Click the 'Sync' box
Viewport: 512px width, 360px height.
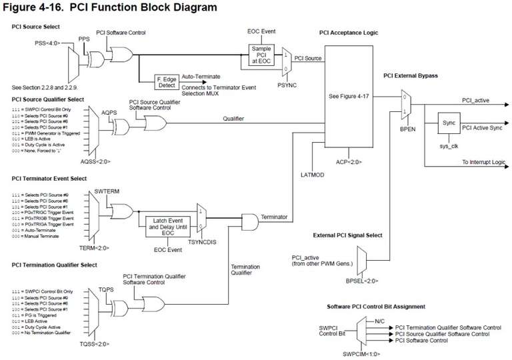click(x=448, y=124)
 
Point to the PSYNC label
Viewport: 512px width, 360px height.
click(x=287, y=86)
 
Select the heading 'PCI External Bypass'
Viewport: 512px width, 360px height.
click(x=411, y=76)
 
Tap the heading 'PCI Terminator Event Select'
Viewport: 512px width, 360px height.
click(x=49, y=179)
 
